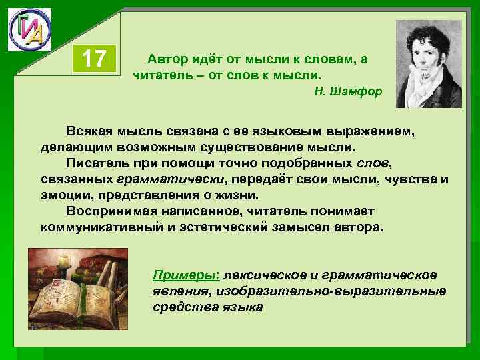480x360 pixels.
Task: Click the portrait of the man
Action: pyautogui.click(x=429, y=63)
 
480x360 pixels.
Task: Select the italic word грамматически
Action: pyautogui.click(x=171, y=179)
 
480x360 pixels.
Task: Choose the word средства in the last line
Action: pyautogui.click(x=180, y=307)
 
